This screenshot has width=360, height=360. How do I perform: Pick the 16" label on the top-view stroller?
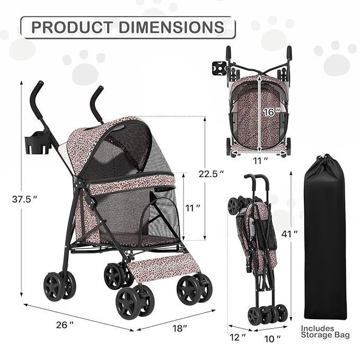269,112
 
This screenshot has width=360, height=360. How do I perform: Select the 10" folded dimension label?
274,337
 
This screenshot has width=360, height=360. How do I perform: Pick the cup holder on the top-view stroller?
217,69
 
